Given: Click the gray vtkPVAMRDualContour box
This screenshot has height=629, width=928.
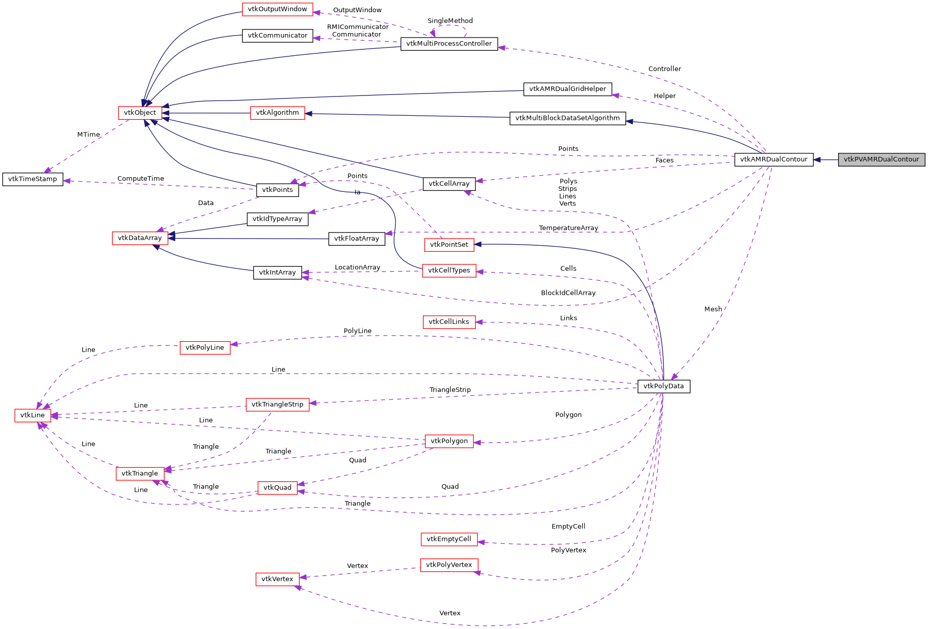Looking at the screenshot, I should tap(881, 159).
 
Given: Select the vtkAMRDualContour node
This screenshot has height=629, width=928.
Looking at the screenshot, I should tap(774, 159).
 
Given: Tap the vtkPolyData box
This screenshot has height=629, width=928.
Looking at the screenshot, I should tap(663, 386).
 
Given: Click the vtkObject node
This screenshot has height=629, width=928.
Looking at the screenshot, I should tap(140, 113).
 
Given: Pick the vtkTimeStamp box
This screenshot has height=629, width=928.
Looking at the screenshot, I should tap(33, 179).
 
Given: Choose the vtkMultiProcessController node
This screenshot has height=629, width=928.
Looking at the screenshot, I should tap(449, 44).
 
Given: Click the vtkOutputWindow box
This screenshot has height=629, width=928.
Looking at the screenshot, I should tap(277, 9).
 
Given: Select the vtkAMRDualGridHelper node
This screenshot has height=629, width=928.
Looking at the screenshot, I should tap(567, 89).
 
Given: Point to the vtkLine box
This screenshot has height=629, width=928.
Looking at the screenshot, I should tap(33, 415).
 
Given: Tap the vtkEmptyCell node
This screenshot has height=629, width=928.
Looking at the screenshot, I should tap(449, 539).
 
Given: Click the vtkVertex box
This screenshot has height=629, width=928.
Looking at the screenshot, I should tap(277, 579).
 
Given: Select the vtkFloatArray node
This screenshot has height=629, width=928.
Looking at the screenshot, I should tap(357, 239).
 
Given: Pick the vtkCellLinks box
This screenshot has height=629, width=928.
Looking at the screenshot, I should tap(449, 322).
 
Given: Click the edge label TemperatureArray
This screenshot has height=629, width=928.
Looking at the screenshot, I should tap(568, 228).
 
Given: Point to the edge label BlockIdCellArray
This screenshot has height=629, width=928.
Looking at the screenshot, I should tap(568, 293).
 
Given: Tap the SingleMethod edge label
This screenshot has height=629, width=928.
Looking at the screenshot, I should tap(450, 21).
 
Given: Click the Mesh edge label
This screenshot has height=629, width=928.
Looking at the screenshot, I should tap(713, 309).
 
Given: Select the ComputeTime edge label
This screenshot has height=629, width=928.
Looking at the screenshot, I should tap(141, 179).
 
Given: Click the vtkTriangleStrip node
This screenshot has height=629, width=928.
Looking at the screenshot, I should tap(277, 405).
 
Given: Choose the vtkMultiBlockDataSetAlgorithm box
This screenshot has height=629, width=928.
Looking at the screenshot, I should tap(567, 118).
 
